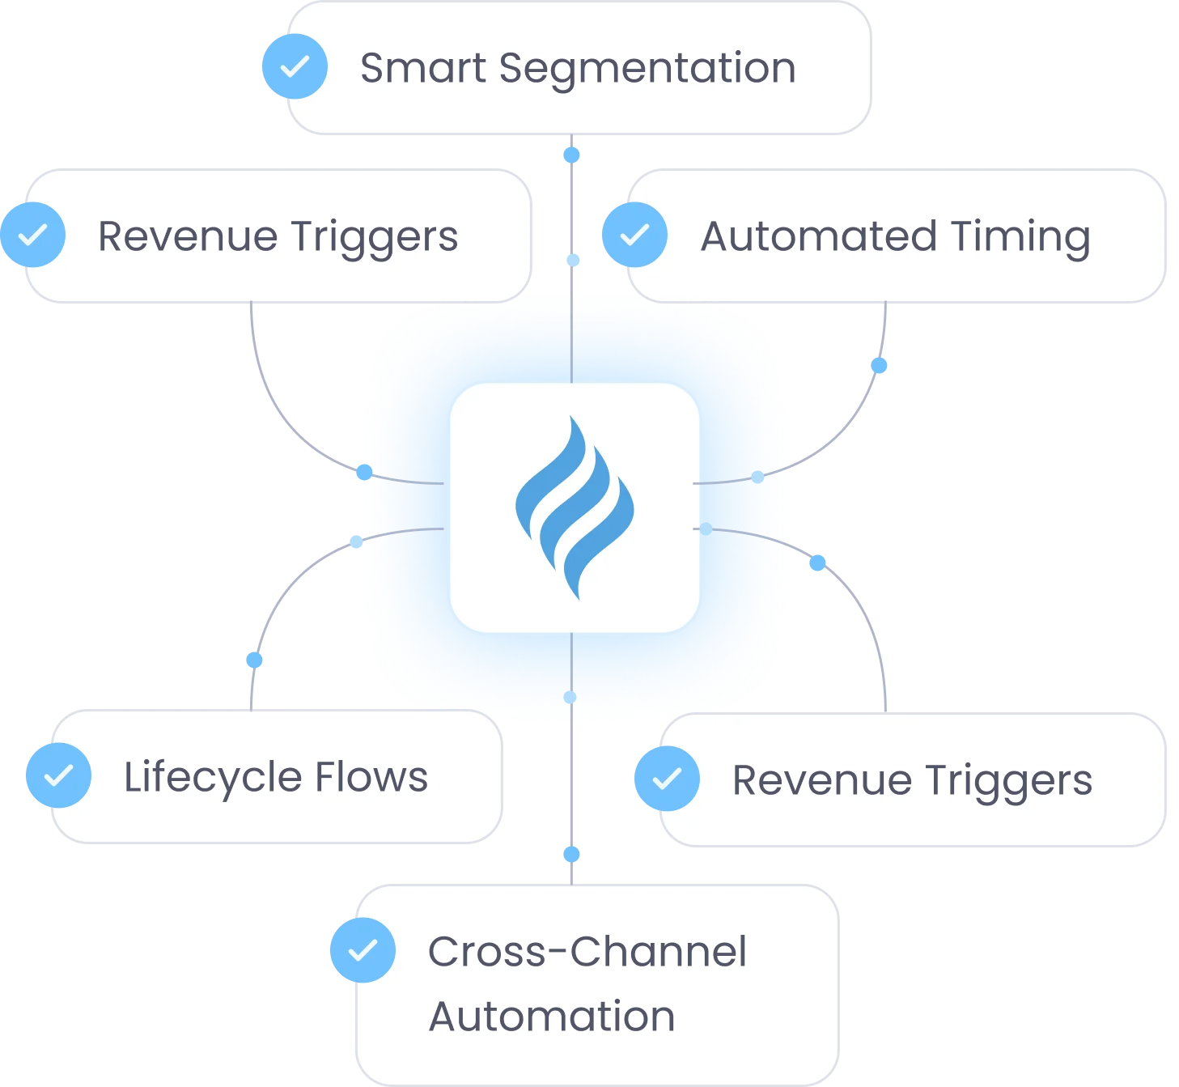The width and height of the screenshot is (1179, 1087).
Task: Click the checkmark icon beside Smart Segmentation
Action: (x=295, y=66)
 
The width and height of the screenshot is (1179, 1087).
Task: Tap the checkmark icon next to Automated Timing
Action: (x=635, y=235)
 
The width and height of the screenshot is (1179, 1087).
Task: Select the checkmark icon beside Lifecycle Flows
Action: (x=59, y=775)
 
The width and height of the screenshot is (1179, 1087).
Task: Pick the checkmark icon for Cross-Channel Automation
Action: (x=363, y=950)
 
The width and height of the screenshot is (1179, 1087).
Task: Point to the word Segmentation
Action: (x=647, y=68)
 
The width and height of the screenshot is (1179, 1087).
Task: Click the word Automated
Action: (x=818, y=236)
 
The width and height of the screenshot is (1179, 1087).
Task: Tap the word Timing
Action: (x=1020, y=238)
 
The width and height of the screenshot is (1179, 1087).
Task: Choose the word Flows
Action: (x=371, y=777)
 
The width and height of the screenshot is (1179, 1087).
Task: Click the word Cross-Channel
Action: (x=587, y=952)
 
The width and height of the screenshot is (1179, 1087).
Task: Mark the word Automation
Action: (x=552, y=1017)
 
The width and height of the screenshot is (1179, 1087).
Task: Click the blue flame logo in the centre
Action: (x=575, y=507)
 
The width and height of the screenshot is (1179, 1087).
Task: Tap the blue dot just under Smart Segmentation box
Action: (x=572, y=154)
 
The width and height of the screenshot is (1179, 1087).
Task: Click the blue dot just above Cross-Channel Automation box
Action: (x=572, y=853)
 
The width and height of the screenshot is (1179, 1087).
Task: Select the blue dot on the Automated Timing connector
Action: (x=879, y=366)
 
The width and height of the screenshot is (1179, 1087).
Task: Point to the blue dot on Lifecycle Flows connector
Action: (x=255, y=660)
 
